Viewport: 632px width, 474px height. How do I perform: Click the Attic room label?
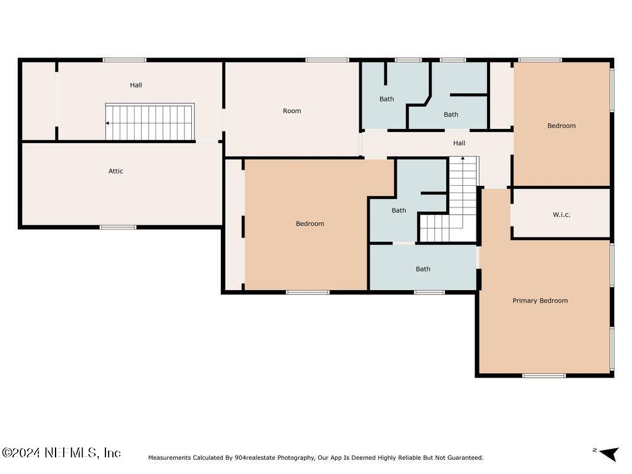point(115,171)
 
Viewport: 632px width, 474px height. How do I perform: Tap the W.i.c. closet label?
point(561,215)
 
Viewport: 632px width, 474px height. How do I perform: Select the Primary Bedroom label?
point(540,301)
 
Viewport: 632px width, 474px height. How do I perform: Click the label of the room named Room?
point(292,111)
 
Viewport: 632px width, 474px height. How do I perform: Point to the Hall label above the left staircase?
point(136,85)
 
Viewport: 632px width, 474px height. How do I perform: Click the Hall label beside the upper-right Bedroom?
point(459,143)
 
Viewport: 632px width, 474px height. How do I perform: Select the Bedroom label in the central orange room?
point(310,224)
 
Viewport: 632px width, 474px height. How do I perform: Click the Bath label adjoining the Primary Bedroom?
point(423,269)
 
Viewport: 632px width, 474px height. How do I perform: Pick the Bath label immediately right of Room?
point(386,99)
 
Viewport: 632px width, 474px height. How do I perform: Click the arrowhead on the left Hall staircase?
point(108,123)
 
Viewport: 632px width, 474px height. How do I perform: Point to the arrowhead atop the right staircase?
point(463,159)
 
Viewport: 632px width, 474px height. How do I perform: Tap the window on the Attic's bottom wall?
point(118,227)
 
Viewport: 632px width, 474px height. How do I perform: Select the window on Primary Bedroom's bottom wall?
point(544,375)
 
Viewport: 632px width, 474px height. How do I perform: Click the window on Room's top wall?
point(327,60)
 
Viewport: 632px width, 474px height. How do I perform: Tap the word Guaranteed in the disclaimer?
point(463,458)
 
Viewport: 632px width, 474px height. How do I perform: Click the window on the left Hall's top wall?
point(125,60)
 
